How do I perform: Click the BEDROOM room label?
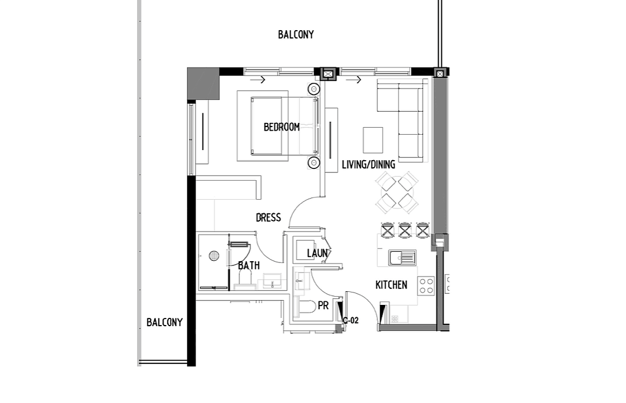pos(282,127)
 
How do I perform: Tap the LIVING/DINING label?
pos(369,164)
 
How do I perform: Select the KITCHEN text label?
pos(391,285)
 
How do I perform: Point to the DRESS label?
pos(268,217)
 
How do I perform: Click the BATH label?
pos(249,265)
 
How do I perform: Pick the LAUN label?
pos(317,253)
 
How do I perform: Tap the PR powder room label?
pos(324,305)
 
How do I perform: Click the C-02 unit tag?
pos(351,320)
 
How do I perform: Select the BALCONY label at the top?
pos(296,35)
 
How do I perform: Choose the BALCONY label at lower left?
pos(165,322)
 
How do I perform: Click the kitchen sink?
pos(402,258)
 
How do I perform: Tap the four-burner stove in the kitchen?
pos(426,286)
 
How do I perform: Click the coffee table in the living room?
pos(373,140)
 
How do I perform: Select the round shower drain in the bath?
pos(214,256)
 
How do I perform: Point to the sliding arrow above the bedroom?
pos(257,80)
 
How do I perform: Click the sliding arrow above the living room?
pos(353,80)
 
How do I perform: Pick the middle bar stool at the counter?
pos(405,230)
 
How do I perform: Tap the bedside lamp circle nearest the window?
pos(314,89)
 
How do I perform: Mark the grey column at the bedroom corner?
pos(203,83)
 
